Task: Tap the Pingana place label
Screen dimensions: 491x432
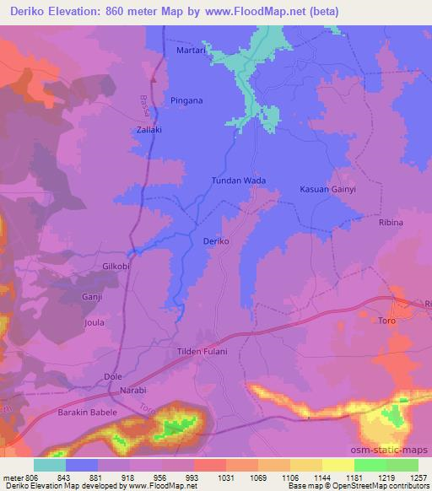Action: pyautogui.click(x=186, y=100)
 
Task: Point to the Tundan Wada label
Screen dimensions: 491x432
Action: pyautogui.click(x=238, y=181)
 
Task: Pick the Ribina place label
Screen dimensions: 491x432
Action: pyautogui.click(x=391, y=222)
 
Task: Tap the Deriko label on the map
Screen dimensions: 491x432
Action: pyautogui.click(x=217, y=241)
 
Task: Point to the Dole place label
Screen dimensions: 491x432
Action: pyautogui.click(x=112, y=376)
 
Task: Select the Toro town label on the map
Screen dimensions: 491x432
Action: pyautogui.click(x=387, y=321)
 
